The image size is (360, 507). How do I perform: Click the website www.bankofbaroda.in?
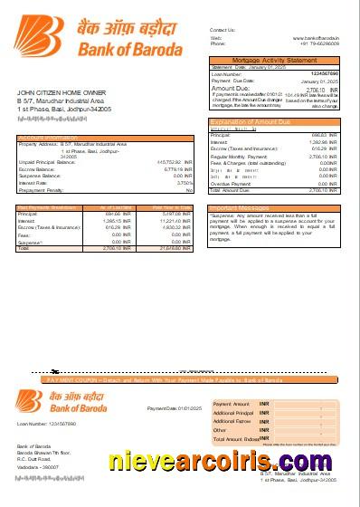click(x=316, y=38)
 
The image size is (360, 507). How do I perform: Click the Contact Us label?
click(x=223, y=30)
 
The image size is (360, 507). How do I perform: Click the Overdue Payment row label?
click(x=231, y=184)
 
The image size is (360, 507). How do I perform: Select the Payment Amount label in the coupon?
click(x=231, y=403)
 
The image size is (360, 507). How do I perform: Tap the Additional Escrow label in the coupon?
click(x=232, y=421)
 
